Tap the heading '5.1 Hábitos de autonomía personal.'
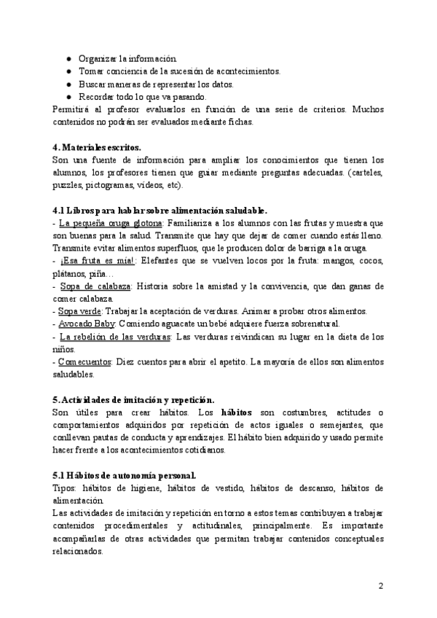tap(125, 476)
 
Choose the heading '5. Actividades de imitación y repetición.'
tap(134, 399)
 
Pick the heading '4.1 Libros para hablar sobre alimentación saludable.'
tap(161, 210)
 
